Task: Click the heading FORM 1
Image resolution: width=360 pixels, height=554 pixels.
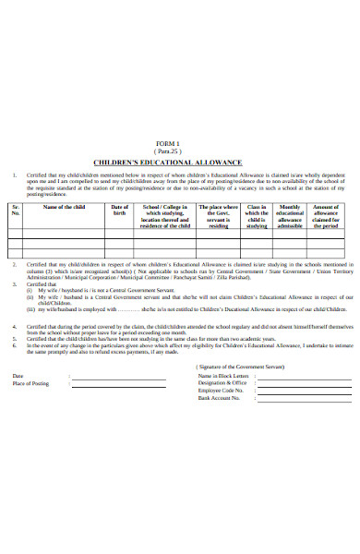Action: (180, 145)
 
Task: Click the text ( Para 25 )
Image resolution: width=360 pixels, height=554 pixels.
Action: (180, 152)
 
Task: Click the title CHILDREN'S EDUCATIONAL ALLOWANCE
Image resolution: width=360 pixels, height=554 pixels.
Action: (180, 163)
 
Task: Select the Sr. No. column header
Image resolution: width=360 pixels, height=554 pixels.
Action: (16, 211)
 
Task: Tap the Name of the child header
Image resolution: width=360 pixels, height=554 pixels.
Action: (65, 207)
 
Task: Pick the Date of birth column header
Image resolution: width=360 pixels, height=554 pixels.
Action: (120, 211)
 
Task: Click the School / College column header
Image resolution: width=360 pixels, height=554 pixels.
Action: (166, 216)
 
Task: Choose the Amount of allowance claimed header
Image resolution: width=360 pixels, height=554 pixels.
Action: (327, 216)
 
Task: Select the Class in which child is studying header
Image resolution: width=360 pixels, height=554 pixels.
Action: (257, 216)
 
